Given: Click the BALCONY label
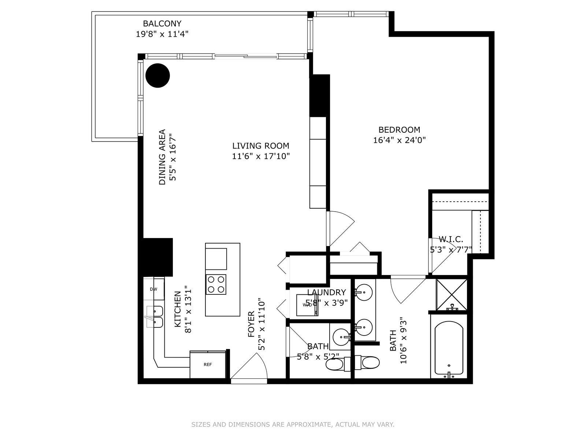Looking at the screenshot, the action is (x=162, y=24).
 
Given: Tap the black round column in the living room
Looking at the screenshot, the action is (x=157, y=75).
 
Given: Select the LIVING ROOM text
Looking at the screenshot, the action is (x=260, y=146).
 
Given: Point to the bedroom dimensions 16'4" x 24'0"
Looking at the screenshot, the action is (x=399, y=140).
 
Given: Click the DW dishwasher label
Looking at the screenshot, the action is (x=153, y=289).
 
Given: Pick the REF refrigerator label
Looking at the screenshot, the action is (x=208, y=364).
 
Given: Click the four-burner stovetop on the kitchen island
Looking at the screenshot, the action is (x=216, y=285).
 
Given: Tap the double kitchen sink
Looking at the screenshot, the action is (x=155, y=317).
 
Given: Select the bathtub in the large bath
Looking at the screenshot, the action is (x=449, y=349).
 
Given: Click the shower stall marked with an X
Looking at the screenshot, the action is (x=452, y=295).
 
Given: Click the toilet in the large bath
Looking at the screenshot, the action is (x=367, y=363).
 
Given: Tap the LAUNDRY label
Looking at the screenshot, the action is (x=326, y=292).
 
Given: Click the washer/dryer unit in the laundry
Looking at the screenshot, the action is (x=307, y=305).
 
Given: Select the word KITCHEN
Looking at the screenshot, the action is (x=178, y=309).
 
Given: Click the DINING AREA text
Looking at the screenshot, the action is (x=162, y=157).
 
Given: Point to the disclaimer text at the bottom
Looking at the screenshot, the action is (x=293, y=425).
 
